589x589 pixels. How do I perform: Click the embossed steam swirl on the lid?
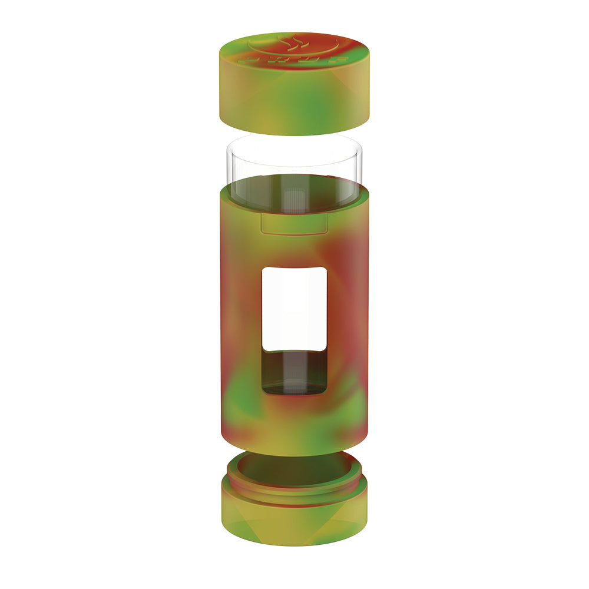pos(294,42)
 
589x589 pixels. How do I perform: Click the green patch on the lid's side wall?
pos(306,109)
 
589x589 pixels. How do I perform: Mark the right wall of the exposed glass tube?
pos(360,165)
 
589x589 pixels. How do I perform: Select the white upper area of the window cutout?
pos(294,306)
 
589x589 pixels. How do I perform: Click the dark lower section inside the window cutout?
pos(294,371)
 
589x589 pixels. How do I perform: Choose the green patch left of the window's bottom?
pos(241,395)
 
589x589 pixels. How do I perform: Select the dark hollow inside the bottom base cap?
pos(294,468)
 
